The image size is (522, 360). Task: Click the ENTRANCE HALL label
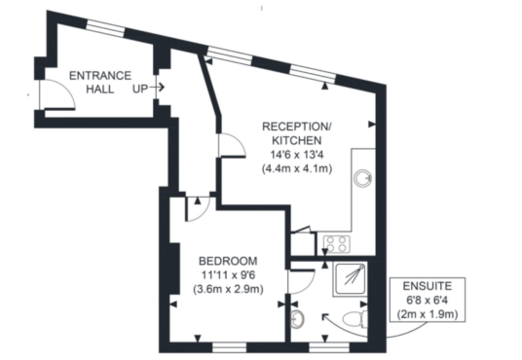click(100, 82)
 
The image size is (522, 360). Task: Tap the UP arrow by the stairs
click(157, 88)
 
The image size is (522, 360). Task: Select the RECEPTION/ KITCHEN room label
click(297, 133)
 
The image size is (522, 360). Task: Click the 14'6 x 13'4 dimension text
click(297, 155)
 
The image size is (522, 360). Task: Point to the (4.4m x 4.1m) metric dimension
click(297, 168)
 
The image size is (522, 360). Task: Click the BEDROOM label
click(228, 261)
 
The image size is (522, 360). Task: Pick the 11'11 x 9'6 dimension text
click(228, 275)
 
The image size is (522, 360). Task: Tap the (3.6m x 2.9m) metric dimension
click(228, 289)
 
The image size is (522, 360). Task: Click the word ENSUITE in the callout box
click(428, 286)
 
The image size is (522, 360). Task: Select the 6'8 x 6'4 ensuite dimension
click(428, 301)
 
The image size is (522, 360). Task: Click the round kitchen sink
click(362, 178)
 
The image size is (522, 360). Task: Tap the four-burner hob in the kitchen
click(337, 244)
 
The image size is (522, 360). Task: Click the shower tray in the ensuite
click(350, 279)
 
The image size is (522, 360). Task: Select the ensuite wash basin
click(297, 319)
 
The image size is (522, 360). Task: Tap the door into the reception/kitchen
click(232, 145)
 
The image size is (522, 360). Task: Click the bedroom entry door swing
click(198, 209)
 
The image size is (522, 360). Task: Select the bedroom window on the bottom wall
click(230, 347)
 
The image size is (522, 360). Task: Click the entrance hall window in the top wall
click(106, 27)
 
